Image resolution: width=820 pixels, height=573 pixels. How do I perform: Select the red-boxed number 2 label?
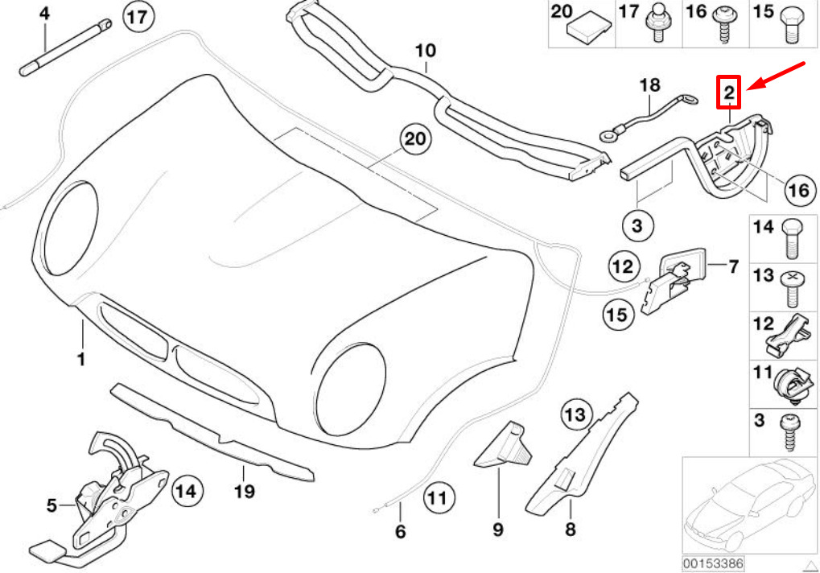pos(728,93)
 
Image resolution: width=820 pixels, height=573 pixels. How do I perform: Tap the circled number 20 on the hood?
pos(415,139)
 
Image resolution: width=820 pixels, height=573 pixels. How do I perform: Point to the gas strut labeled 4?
pos(65,47)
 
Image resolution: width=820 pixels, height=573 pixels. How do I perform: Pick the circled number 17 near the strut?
pos(138,17)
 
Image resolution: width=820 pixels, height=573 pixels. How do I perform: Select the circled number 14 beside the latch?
pos(187,491)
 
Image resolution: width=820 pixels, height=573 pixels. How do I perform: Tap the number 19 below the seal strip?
pos(245,491)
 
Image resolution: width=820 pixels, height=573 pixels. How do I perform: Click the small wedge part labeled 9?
pos(503,443)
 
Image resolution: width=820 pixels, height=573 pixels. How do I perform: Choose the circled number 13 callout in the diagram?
pos(576,414)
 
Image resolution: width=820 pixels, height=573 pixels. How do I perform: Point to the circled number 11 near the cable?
pos(439,497)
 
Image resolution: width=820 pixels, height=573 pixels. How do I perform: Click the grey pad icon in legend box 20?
pos(589,29)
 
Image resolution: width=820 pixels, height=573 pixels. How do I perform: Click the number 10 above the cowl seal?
pos(426,51)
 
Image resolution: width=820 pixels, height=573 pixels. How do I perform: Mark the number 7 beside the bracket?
pos(734,266)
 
